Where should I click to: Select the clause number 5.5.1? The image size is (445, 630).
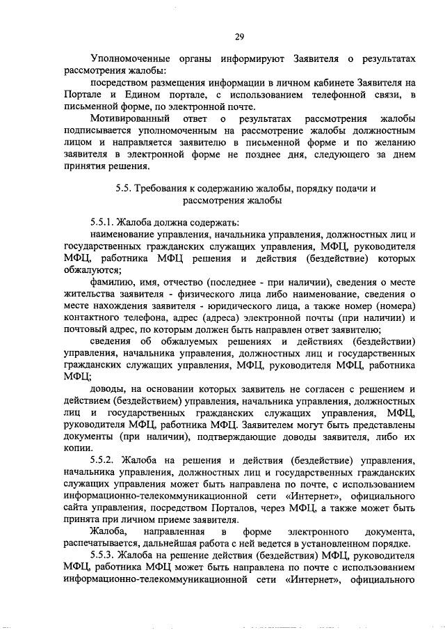coord(103,223)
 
